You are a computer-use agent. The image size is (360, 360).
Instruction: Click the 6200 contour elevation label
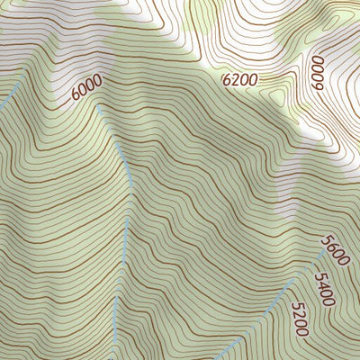(x=239, y=79)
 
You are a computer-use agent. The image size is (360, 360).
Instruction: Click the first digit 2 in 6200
(x=235, y=79)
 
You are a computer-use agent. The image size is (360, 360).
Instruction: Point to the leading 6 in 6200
(x=226, y=79)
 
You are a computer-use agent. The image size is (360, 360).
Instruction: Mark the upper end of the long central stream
(x=111, y=135)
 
